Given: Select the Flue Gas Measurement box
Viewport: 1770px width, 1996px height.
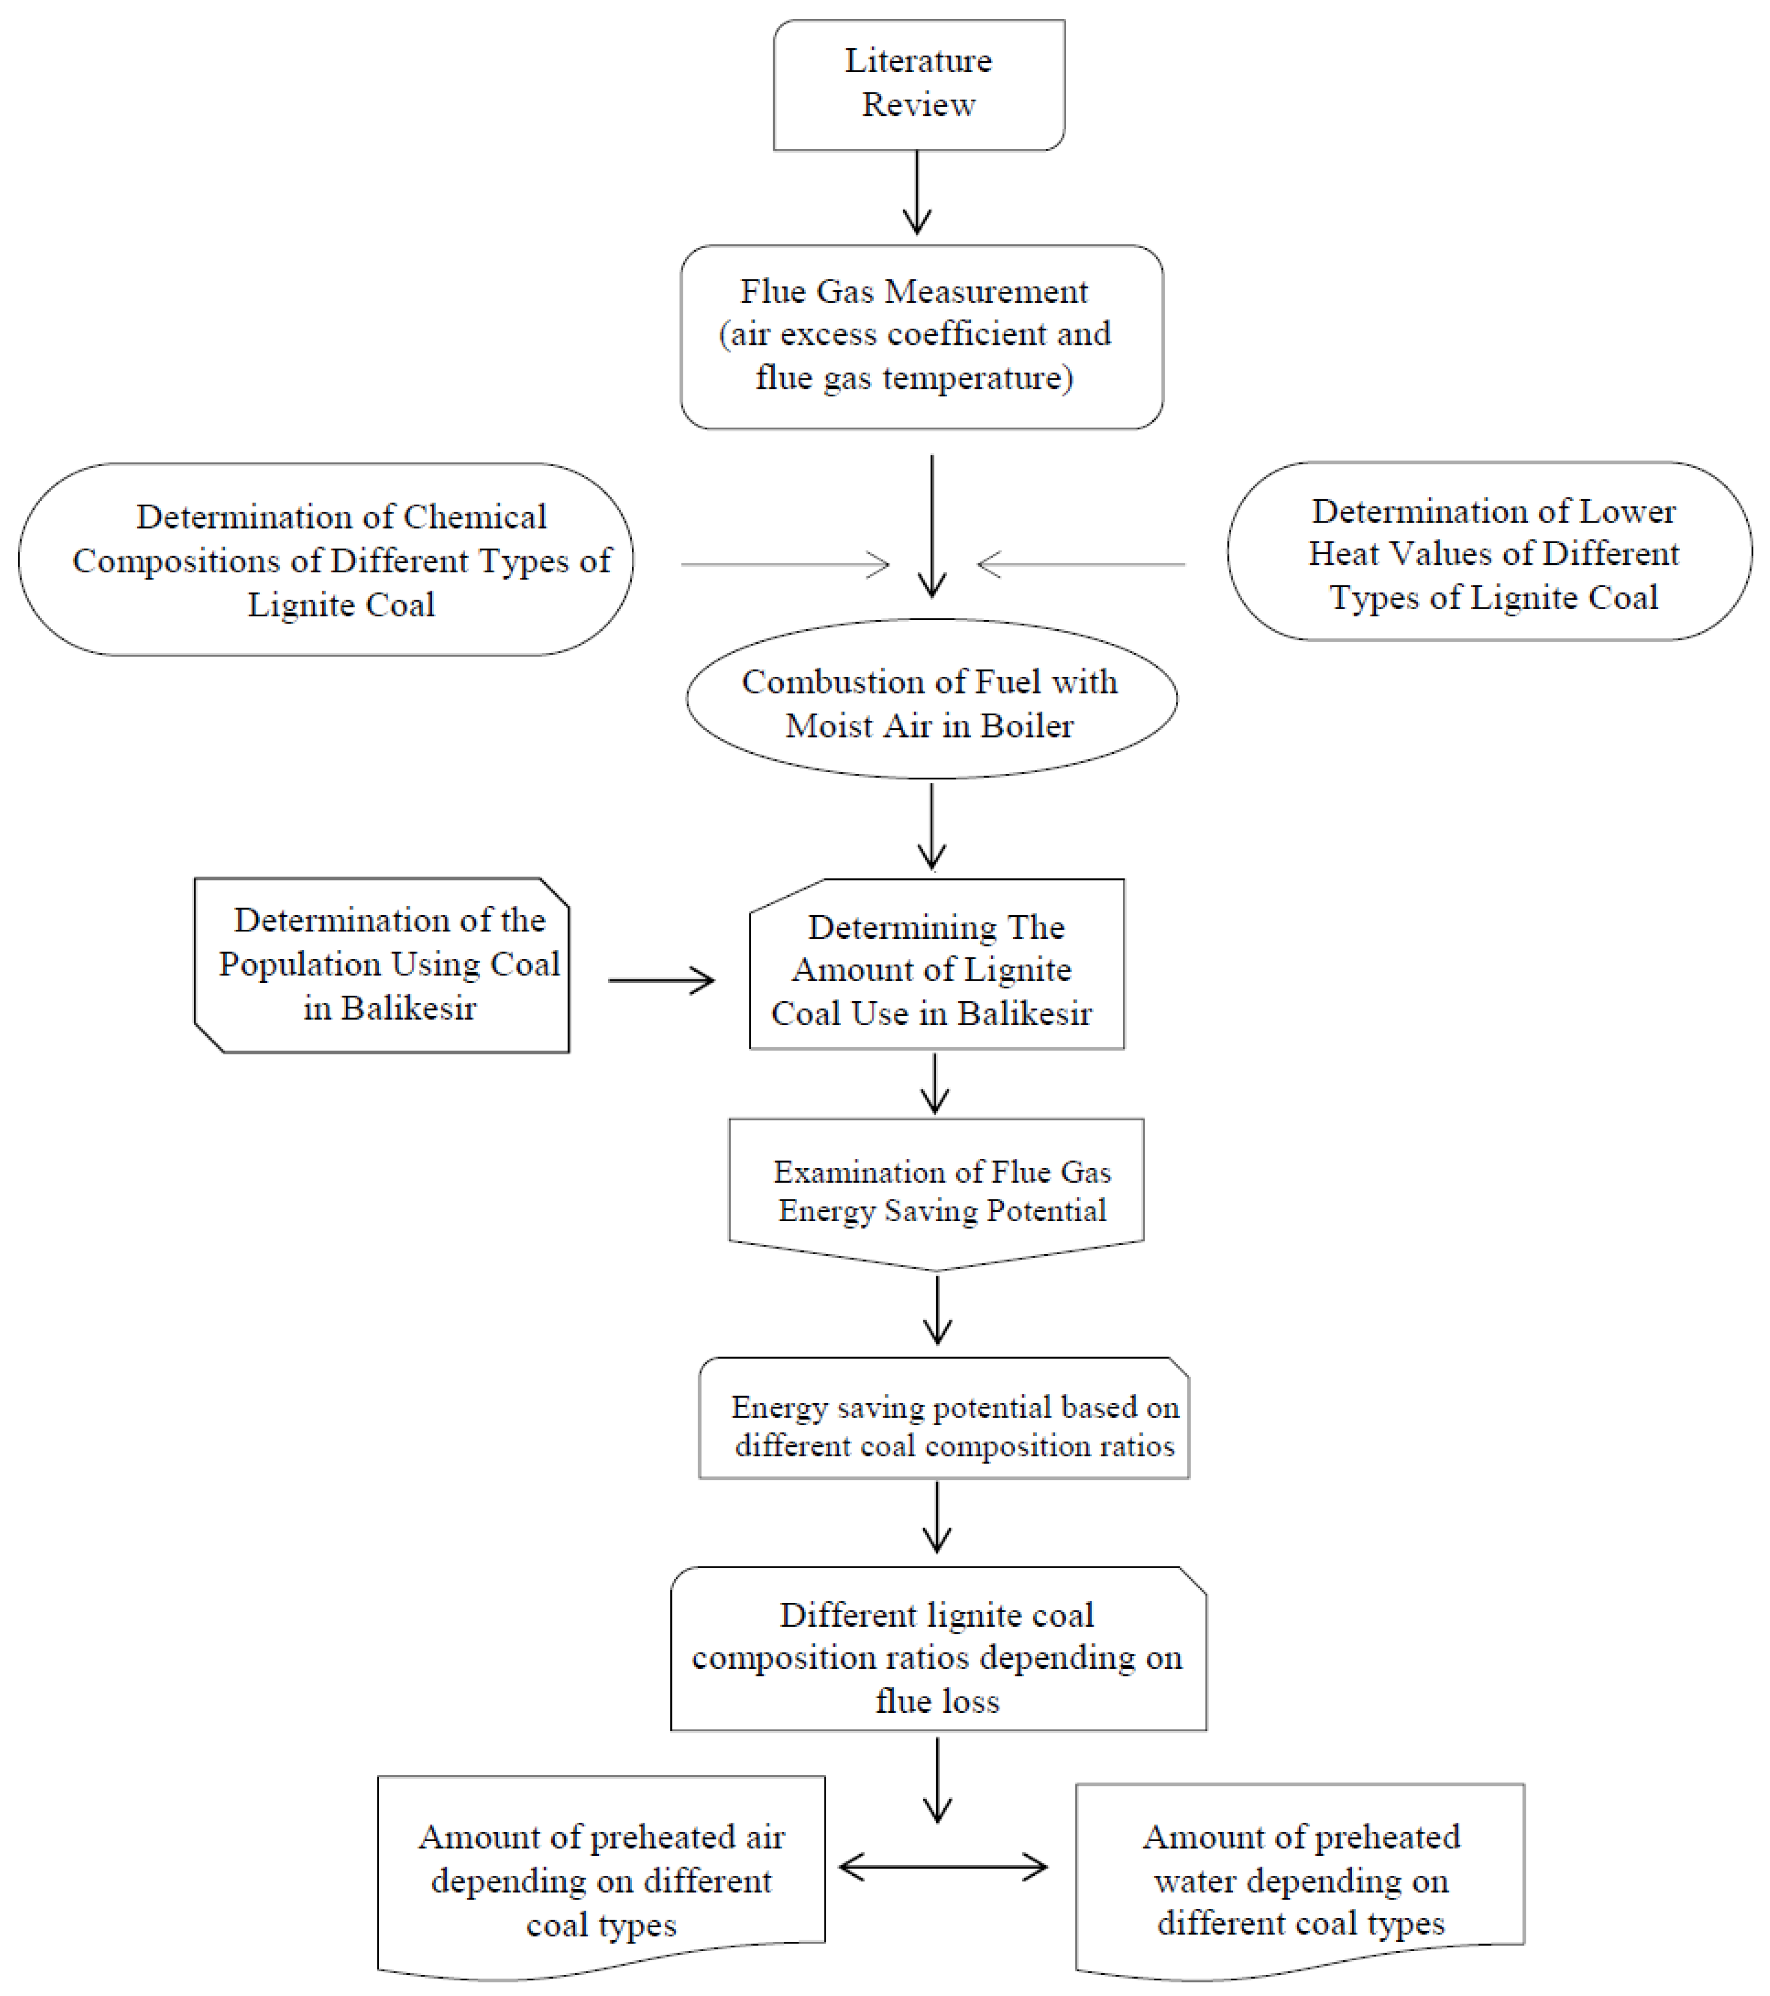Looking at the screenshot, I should coord(922,336).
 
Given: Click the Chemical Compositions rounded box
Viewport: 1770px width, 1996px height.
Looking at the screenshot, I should coord(326,559).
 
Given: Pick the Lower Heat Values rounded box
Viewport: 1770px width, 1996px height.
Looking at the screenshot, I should coord(1490,553).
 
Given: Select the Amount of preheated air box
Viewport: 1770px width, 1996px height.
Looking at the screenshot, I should coord(602,1880).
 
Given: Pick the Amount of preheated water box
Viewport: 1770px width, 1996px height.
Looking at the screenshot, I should coord(1299,1880).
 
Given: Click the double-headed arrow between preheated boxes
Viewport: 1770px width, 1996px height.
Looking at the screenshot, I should coord(943,1868).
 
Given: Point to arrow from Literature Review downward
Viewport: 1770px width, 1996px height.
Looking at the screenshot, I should coord(917,192).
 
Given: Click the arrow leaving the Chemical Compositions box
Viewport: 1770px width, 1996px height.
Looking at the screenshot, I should coord(786,564).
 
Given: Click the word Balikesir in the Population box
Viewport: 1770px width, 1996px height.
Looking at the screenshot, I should coord(408,1008).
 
